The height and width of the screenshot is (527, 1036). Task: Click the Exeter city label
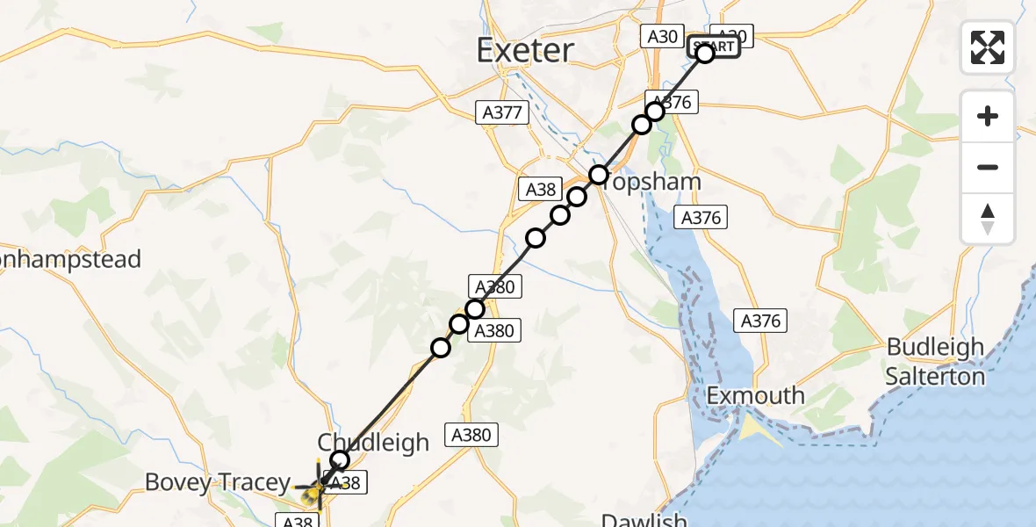coord(525,50)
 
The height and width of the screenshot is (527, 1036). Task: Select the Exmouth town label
coord(756,395)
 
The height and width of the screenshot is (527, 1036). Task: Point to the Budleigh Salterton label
coord(935,361)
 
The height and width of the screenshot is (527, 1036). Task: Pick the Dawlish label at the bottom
coord(644,520)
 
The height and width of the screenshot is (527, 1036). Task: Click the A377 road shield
coord(503,112)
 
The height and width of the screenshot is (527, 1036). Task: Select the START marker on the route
coord(713,47)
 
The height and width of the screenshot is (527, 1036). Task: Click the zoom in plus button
coord(988,116)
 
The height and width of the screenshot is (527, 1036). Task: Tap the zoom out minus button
coord(988,167)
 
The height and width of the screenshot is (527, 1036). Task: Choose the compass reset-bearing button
coord(988,218)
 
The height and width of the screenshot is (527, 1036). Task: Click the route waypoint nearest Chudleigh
coord(340,460)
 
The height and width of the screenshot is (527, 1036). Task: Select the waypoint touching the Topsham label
coord(598,175)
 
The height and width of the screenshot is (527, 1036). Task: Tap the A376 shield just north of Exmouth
coord(760,321)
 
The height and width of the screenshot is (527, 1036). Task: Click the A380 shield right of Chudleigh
coord(472,434)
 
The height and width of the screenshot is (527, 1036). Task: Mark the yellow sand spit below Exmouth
coord(752,430)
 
